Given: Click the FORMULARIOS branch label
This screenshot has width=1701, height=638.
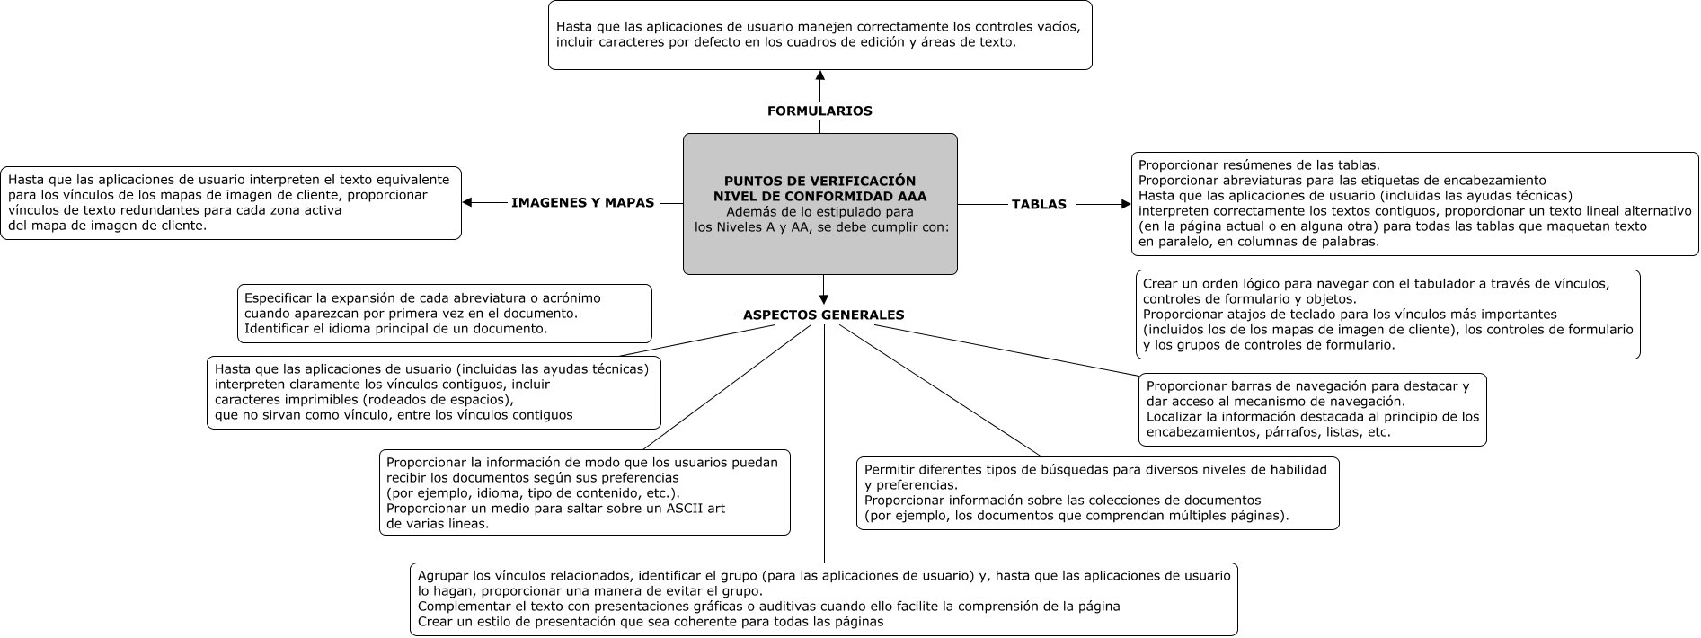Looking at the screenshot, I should [819, 111].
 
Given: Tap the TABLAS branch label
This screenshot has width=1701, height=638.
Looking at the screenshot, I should [1039, 205].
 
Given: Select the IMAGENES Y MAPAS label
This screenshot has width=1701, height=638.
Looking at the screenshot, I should [582, 203].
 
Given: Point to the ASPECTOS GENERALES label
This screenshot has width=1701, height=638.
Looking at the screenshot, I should [823, 315].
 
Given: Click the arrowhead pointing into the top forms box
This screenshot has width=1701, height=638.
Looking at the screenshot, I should [819, 75].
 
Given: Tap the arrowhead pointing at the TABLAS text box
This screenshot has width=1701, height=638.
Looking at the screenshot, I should [1125, 205].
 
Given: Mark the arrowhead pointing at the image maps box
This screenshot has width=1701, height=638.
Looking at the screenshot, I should [467, 203].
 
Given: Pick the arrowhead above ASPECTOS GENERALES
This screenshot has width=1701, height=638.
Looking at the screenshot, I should [824, 299].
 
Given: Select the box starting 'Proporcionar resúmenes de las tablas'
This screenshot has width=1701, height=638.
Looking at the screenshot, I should [1414, 204].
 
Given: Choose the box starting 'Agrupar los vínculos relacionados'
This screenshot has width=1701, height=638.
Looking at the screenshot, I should [823, 598].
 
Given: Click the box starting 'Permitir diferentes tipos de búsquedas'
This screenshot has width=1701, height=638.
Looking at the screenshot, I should [1097, 492].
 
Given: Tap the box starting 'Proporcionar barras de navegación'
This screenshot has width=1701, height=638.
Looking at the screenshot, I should [1312, 410].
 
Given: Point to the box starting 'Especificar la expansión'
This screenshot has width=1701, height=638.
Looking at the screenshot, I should [444, 314].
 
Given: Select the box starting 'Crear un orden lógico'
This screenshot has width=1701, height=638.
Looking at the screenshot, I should [1387, 315].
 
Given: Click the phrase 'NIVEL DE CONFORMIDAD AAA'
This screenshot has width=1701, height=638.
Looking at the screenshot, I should [819, 196].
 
